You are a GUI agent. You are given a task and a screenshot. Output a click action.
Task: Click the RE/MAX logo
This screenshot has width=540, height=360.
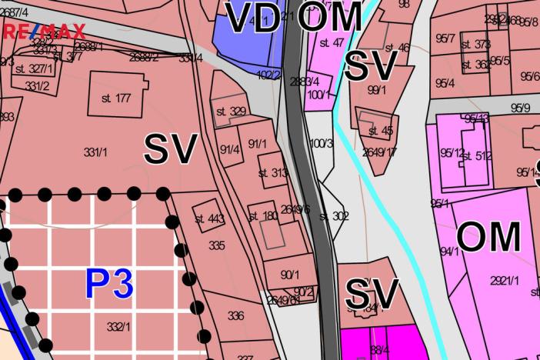pos(45,32)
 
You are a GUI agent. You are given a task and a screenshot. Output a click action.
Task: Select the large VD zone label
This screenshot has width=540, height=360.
pos(252,18)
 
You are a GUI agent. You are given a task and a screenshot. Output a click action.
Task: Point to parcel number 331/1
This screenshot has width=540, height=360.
pos(95,153)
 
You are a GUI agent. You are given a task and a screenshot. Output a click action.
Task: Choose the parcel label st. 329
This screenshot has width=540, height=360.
pos(231,112)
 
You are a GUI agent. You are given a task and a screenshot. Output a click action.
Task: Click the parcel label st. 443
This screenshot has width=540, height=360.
pos(209,219)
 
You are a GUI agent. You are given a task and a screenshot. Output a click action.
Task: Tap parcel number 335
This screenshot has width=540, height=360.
pos(216,246)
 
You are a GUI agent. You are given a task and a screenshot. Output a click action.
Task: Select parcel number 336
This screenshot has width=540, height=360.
pos(235,315)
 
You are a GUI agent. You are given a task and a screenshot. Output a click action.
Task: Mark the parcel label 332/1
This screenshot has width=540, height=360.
pos(118,327)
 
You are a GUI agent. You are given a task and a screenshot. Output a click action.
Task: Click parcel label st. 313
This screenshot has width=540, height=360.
pos(273,173)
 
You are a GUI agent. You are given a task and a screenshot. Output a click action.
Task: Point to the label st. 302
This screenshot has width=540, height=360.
pos(334,216)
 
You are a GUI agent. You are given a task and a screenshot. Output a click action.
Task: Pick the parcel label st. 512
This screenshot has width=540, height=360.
pos(477,157)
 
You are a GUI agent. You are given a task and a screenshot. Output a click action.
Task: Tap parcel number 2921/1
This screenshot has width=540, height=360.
pos(503,282)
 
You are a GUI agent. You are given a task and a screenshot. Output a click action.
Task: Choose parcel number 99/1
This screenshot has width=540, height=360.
pos(377,90)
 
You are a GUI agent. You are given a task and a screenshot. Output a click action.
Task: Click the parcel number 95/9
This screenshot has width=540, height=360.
pos(520,108)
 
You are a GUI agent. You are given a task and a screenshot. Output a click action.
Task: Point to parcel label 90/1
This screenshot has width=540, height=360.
pos(289,275)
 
